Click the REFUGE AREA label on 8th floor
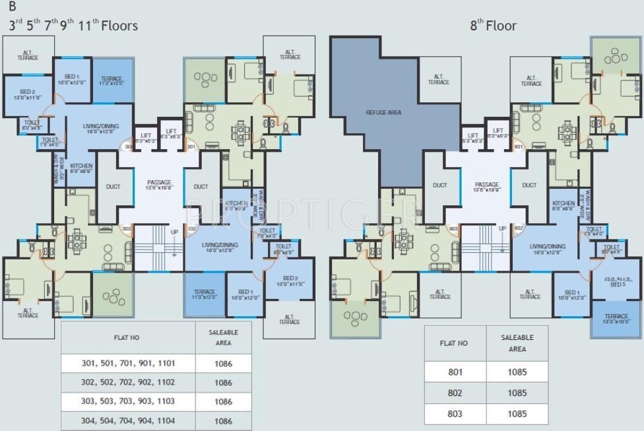click(x=384, y=112)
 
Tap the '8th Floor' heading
click(x=493, y=26)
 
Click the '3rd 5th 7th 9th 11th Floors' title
click(x=73, y=26)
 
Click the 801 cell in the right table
click(x=455, y=372)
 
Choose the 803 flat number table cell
click(x=455, y=414)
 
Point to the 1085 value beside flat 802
click(x=517, y=393)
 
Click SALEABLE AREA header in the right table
click(x=517, y=343)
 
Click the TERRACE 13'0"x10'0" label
click(x=616, y=319)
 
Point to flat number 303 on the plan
click(x=125, y=228)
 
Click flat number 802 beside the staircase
click(x=518, y=228)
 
